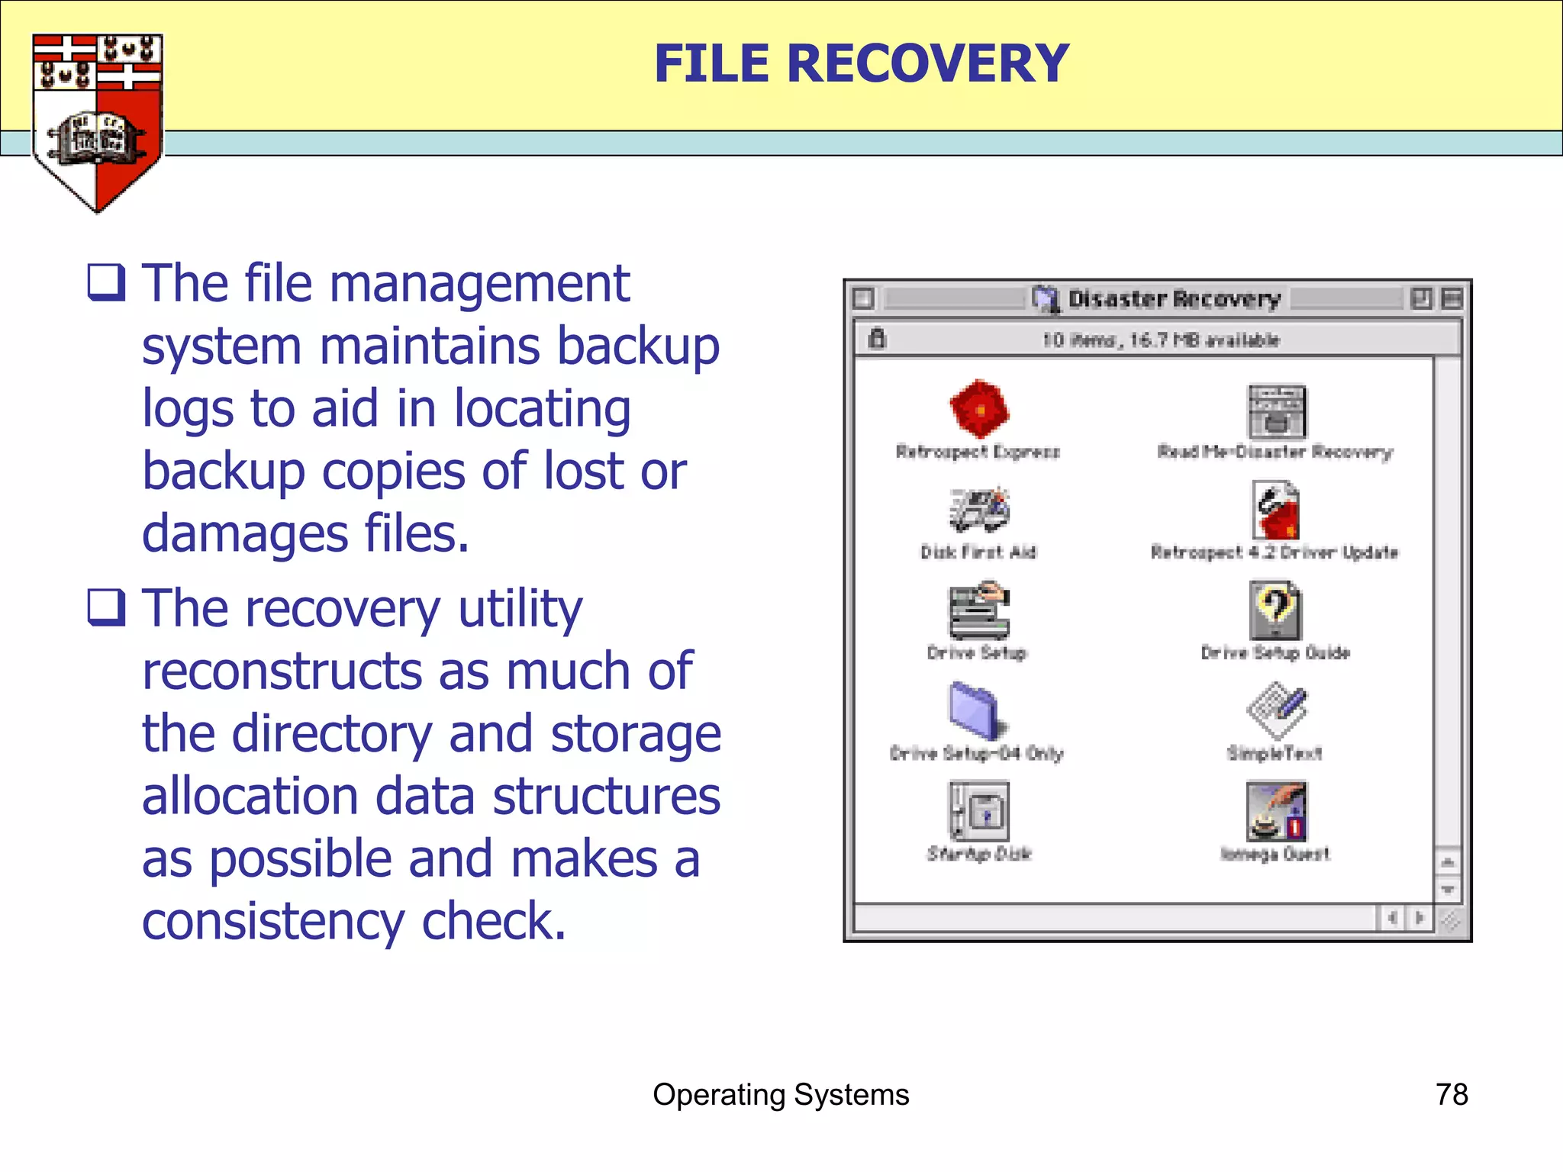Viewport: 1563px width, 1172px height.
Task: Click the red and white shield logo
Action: coord(97,122)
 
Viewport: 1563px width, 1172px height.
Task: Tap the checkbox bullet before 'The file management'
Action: coord(106,282)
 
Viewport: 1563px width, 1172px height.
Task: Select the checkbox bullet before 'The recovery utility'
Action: coord(106,607)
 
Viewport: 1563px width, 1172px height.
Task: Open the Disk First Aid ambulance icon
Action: coord(979,510)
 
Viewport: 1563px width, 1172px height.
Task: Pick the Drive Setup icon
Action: coord(979,610)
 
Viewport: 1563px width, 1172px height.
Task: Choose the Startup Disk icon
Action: coord(979,811)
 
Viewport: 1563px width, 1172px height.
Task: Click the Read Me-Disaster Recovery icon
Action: coord(1276,412)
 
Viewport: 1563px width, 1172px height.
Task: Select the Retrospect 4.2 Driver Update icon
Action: coord(1276,510)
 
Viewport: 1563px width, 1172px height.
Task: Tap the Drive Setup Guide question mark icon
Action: coord(1275,610)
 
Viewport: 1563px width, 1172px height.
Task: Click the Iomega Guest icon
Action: coord(1276,811)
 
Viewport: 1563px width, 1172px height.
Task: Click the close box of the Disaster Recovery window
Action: coord(863,298)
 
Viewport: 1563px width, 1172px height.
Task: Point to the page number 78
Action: coord(1451,1095)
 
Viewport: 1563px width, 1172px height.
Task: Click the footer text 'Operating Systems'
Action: coord(781,1095)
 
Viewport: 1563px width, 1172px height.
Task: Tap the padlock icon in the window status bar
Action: coord(877,339)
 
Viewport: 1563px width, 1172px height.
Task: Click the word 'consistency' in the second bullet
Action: coord(272,921)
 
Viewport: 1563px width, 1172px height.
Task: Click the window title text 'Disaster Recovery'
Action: coord(1174,299)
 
